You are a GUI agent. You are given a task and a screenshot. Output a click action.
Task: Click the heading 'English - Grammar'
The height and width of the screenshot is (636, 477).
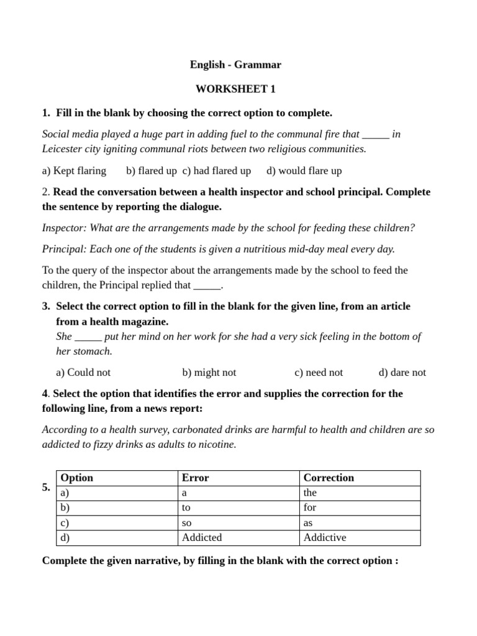click(235, 65)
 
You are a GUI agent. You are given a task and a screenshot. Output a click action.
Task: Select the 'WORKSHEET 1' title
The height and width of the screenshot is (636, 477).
click(235, 89)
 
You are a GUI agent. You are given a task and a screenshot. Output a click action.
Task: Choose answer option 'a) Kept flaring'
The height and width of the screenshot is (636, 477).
click(74, 171)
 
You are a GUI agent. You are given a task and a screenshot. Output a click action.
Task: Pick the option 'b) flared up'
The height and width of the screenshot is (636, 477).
click(151, 171)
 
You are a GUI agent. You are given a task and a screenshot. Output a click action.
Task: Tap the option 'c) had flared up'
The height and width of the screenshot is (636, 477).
click(217, 171)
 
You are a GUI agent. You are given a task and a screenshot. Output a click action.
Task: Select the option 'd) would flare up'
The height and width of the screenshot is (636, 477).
click(304, 171)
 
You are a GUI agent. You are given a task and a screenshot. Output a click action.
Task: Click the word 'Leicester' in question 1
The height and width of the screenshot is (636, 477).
click(63, 149)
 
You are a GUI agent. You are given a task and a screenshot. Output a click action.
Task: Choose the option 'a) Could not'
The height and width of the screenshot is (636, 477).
click(83, 373)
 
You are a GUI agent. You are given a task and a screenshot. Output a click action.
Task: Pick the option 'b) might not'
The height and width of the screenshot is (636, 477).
click(209, 373)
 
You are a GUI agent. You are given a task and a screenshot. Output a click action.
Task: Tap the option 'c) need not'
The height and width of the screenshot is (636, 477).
click(319, 373)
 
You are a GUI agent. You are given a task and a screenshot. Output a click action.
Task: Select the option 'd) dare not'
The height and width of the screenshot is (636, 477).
click(402, 373)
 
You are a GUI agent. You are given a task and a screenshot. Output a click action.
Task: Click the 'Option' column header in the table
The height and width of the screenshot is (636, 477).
click(76, 478)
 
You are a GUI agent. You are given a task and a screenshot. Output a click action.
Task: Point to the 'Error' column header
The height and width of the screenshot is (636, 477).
click(195, 478)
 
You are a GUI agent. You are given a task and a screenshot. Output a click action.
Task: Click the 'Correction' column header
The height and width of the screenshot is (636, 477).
click(329, 478)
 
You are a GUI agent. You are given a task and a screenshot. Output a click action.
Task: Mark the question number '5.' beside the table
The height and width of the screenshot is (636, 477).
click(47, 488)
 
